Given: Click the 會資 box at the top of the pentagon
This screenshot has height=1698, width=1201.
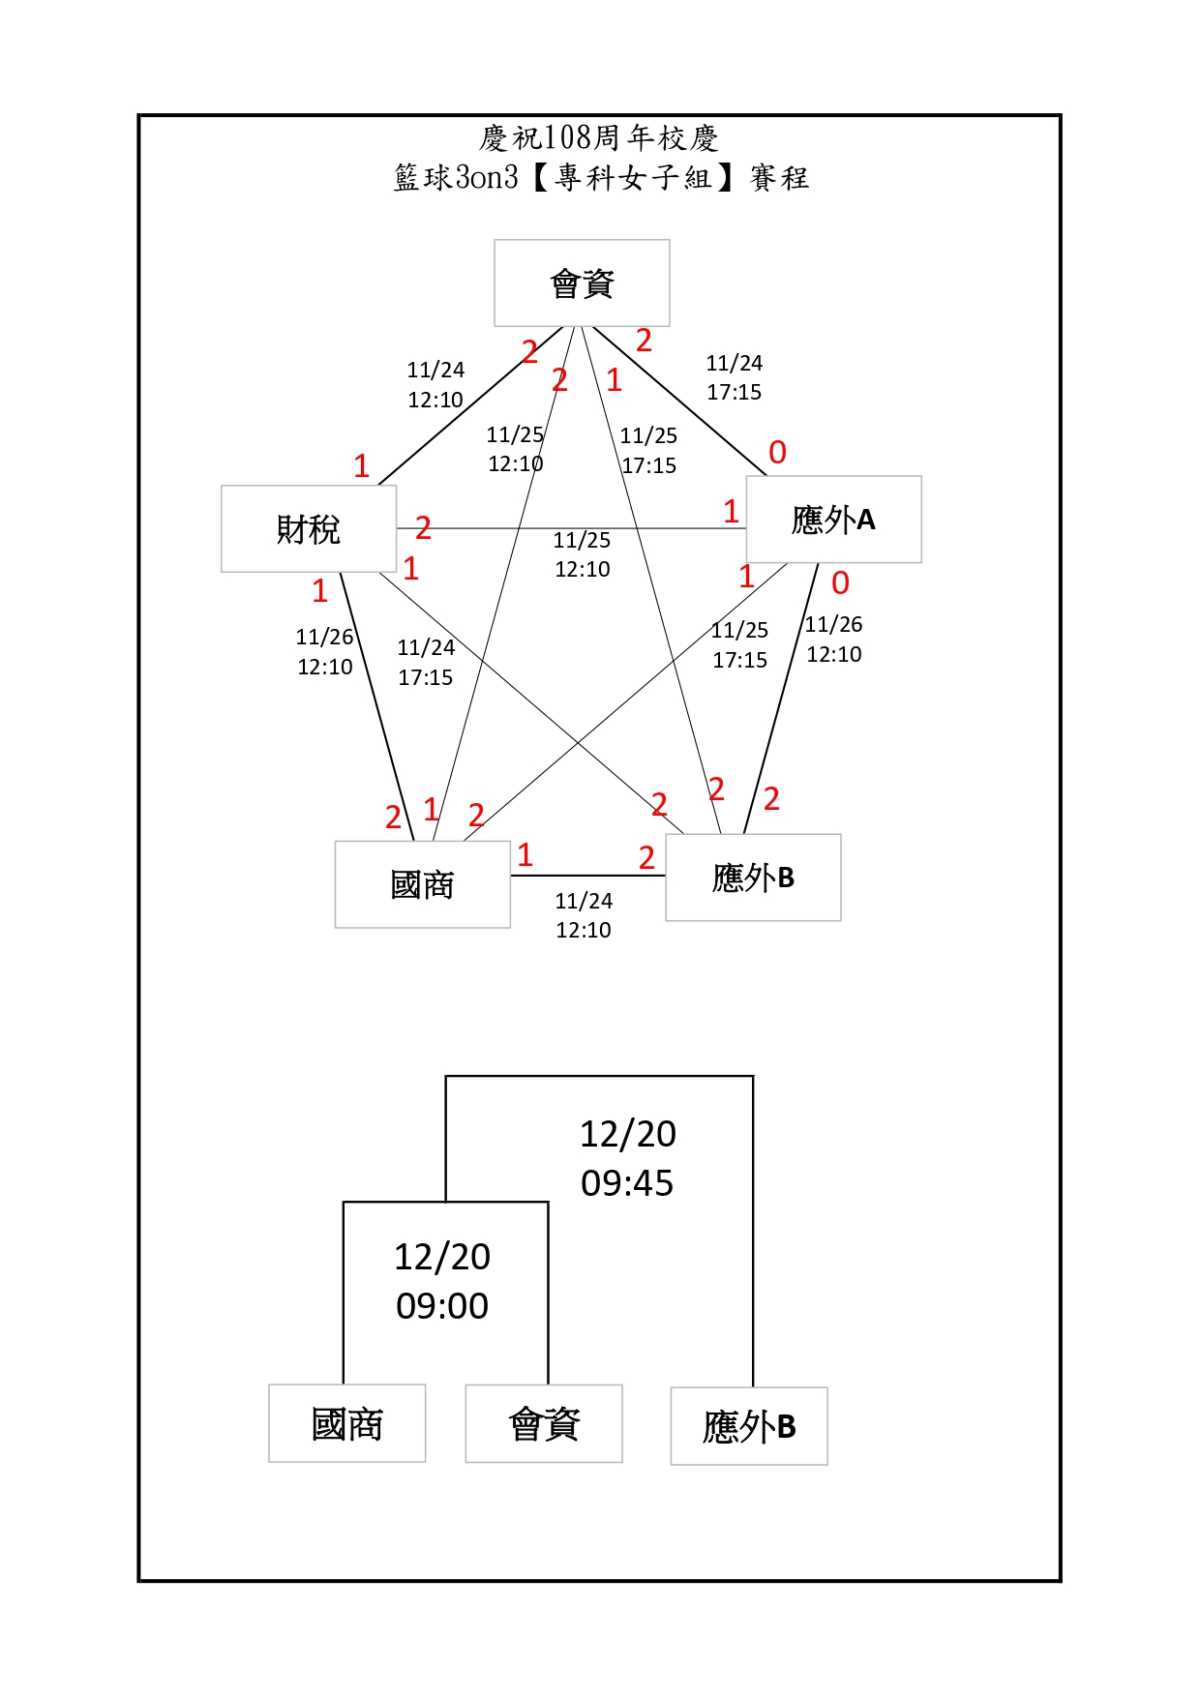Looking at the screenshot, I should [x=582, y=283].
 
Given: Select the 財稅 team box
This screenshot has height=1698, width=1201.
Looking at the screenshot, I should [x=309, y=528].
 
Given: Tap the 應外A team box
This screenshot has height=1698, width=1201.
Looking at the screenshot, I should [x=833, y=520].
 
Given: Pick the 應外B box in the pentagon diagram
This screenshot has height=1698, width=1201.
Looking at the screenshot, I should [x=753, y=878].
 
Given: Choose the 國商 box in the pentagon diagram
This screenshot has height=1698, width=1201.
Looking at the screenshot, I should [x=422, y=884].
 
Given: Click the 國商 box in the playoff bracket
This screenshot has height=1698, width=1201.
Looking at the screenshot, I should [x=346, y=1423].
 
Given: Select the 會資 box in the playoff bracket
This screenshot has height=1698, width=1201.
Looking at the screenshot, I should [x=544, y=1423].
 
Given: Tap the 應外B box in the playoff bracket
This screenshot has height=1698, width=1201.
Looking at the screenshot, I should [x=749, y=1426].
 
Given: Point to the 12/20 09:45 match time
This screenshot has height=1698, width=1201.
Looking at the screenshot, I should [x=627, y=1158].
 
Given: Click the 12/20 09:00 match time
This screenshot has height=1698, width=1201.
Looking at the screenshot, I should [x=442, y=1281].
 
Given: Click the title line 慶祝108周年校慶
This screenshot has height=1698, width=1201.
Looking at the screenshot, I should [x=599, y=138].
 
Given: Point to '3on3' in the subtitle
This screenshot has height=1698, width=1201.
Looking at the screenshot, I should [x=487, y=177].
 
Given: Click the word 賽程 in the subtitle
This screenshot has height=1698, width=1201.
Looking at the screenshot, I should [x=779, y=178].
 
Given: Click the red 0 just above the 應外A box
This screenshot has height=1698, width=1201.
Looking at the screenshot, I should [x=777, y=452].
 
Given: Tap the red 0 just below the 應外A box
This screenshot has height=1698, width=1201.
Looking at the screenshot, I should [x=840, y=582].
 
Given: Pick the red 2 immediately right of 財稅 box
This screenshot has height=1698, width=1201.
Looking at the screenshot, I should [x=423, y=527].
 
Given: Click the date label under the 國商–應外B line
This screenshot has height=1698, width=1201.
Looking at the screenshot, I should [x=584, y=915].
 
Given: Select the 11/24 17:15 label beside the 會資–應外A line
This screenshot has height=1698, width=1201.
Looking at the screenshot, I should [x=734, y=377].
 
